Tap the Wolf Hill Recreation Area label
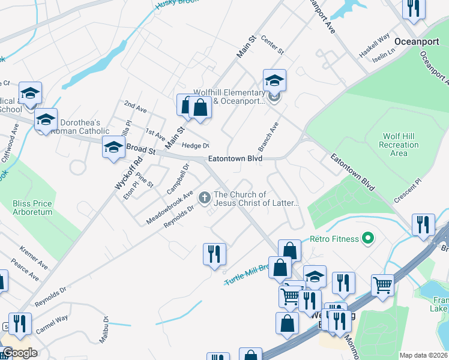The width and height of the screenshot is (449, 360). click(399, 145)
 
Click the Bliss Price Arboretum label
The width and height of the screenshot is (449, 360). click(32, 208)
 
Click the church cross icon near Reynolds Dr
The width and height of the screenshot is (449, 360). click(204, 196)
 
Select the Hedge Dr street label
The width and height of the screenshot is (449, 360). click(195, 145)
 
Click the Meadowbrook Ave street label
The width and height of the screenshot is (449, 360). click(169, 208)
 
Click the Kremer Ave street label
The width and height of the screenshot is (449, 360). click(33, 256)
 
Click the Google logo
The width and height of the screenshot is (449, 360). click(20, 353)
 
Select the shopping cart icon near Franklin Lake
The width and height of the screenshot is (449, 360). click(382, 286)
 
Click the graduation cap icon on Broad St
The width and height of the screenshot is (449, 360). click(113, 148)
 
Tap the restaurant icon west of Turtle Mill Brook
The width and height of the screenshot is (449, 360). click(214, 253)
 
